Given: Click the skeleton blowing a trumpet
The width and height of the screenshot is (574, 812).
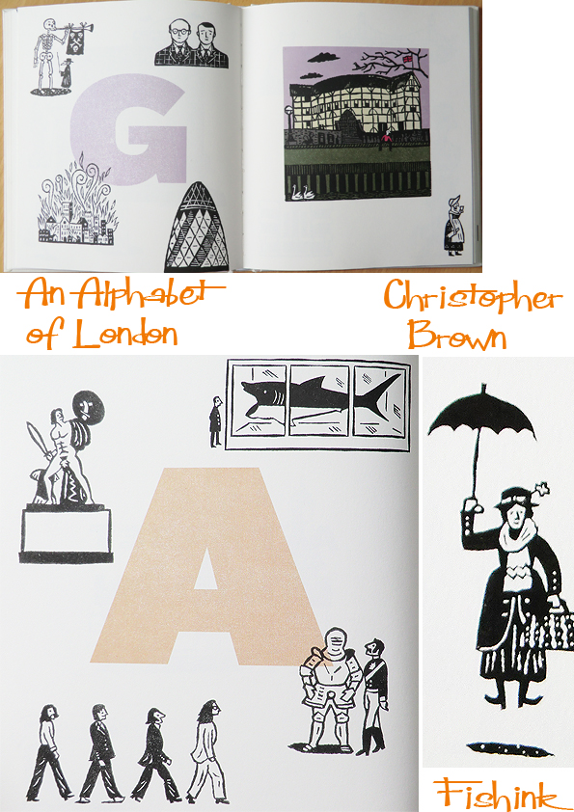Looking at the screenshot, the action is (x=45, y=54).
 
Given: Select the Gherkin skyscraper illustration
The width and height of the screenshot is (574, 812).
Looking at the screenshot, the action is (x=197, y=228).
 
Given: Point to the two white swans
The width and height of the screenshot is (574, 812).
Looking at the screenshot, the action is (x=303, y=193).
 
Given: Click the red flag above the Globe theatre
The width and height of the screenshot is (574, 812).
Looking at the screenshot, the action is (x=409, y=59).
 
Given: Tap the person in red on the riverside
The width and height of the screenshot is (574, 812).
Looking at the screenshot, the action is (x=386, y=141).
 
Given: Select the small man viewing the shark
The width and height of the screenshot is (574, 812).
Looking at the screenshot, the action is (x=215, y=421).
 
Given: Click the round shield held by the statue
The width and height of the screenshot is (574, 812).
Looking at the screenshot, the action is (x=89, y=412).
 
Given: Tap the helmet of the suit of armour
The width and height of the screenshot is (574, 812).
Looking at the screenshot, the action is (x=337, y=641).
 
